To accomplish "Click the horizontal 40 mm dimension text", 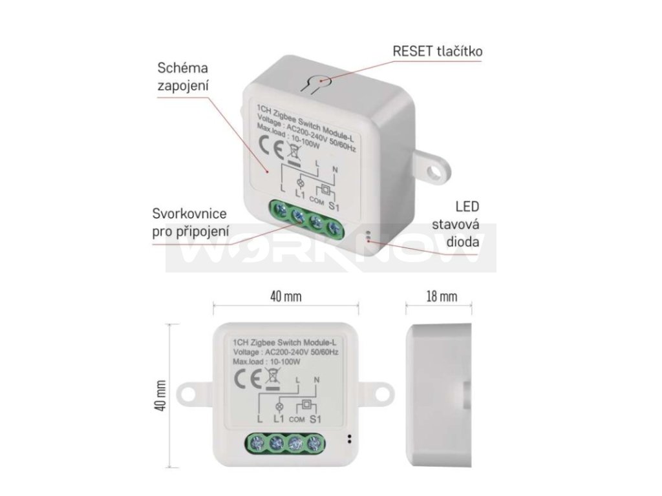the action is (285, 296).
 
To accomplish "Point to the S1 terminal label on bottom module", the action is (316, 418).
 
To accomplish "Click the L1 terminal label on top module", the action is (299, 192).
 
